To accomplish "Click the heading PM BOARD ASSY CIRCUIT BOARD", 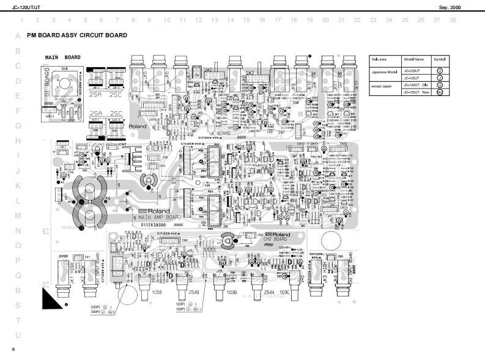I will point(77,35).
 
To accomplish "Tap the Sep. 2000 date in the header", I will point(451,7).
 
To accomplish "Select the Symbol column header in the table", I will point(440,60).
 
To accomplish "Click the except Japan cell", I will point(382,86).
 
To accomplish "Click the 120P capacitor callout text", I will point(181,304).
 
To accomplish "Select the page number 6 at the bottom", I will point(13,349).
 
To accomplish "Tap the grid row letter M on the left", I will point(18,216).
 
